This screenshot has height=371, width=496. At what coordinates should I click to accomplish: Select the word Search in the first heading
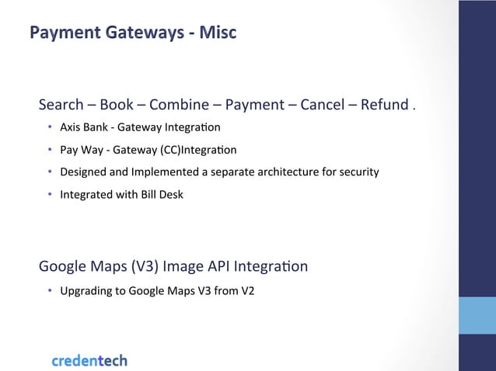click(61, 105)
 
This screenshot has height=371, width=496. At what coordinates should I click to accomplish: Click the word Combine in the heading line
click(179, 105)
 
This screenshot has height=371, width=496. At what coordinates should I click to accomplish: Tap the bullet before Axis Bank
click(49, 127)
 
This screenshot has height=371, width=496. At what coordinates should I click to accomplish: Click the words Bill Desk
click(161, 194)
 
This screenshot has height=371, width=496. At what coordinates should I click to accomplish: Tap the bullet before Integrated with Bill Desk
click(49, 194)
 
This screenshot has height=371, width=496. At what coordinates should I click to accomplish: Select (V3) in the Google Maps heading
click(143, 267)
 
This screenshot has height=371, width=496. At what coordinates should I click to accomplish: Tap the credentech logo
click(89, 360)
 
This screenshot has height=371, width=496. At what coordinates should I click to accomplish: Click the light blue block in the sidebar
click(477, 314)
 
